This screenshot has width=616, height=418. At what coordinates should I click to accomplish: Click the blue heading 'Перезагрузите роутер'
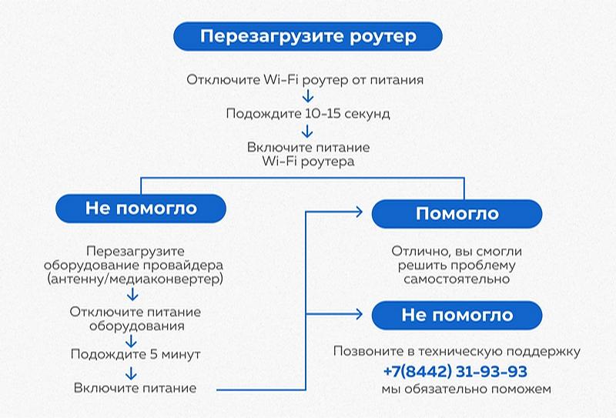(308, 36)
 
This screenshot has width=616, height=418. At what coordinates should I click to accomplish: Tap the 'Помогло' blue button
(457, 213)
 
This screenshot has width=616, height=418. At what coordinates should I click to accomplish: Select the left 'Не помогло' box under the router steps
(141, 209)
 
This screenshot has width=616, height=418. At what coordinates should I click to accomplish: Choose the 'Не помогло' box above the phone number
(457, 315)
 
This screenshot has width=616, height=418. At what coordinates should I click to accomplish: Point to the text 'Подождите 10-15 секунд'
(308, 114)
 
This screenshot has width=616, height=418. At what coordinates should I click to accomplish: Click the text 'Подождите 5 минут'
(136, 355)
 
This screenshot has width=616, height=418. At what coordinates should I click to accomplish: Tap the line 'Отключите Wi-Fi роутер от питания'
(306, 79)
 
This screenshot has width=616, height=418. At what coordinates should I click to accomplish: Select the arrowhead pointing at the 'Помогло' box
(359, 209)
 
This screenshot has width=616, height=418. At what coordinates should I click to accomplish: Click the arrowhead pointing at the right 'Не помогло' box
(359, 313)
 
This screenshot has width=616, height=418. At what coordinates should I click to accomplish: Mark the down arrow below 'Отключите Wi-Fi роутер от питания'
(308, 96)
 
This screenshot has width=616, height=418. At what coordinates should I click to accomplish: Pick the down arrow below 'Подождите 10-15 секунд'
(308, 131)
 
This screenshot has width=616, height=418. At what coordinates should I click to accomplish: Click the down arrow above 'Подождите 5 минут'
(132, 339)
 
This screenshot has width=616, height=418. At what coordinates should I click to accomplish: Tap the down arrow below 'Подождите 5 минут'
(132, 372)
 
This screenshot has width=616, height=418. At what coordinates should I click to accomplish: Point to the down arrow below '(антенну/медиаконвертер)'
(132, 295)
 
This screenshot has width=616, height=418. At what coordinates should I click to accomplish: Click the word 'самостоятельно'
(457, 279)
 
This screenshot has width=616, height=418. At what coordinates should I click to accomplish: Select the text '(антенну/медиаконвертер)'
(135, 279)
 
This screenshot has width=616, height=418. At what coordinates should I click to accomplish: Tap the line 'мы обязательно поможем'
(456, 390)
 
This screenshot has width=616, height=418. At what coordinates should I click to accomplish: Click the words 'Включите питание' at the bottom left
(136, 389)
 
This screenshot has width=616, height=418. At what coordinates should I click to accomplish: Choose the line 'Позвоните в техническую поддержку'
(457, 352)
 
